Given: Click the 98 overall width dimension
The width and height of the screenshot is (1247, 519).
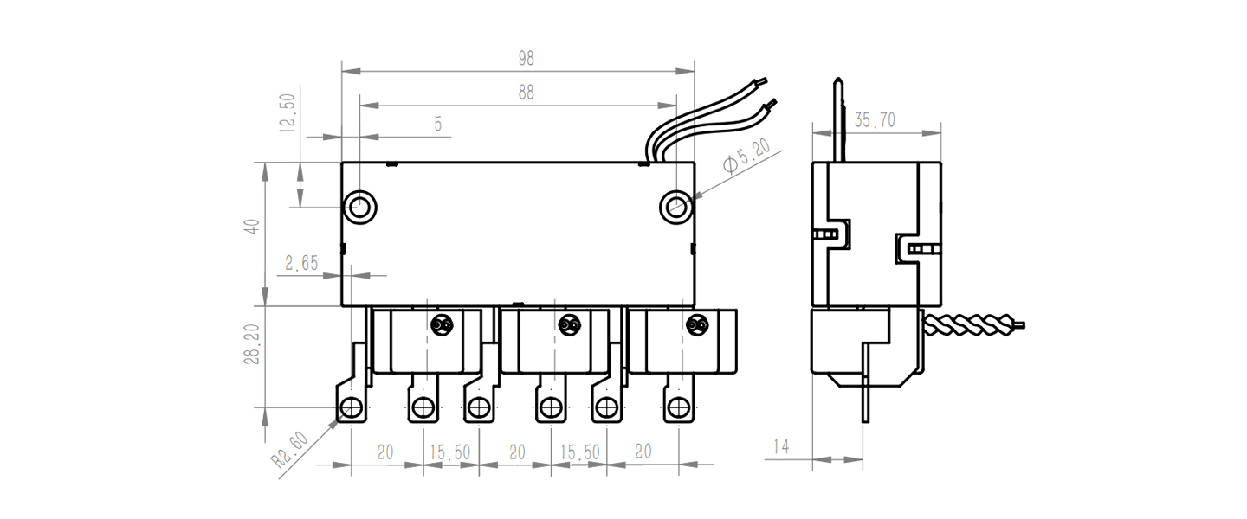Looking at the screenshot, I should tap(526, 59).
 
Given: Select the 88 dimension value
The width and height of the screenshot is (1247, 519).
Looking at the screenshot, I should tap(526, 93).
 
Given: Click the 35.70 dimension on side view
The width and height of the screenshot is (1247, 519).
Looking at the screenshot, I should tap(875, 120).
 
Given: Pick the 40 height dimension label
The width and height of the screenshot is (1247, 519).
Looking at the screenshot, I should tap(251, 227).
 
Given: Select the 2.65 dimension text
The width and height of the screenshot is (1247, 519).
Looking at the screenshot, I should tap(302, 264).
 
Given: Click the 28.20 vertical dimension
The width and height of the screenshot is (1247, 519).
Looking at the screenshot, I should tap(251, 344).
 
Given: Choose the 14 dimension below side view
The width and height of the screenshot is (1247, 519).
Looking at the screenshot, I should tap(781, 446).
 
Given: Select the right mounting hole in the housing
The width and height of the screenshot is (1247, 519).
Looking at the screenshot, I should tap(675, 206).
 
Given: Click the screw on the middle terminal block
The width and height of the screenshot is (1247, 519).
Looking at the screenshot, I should tap(568, 325).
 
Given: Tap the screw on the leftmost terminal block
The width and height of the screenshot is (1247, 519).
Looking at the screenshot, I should tap(441, 325).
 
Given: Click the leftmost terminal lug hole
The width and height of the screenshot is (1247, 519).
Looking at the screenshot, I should tap(351, 407).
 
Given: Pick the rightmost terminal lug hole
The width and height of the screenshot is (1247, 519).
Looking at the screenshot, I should tap(677, 407).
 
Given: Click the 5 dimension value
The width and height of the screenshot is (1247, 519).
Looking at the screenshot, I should tap(438, 125).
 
